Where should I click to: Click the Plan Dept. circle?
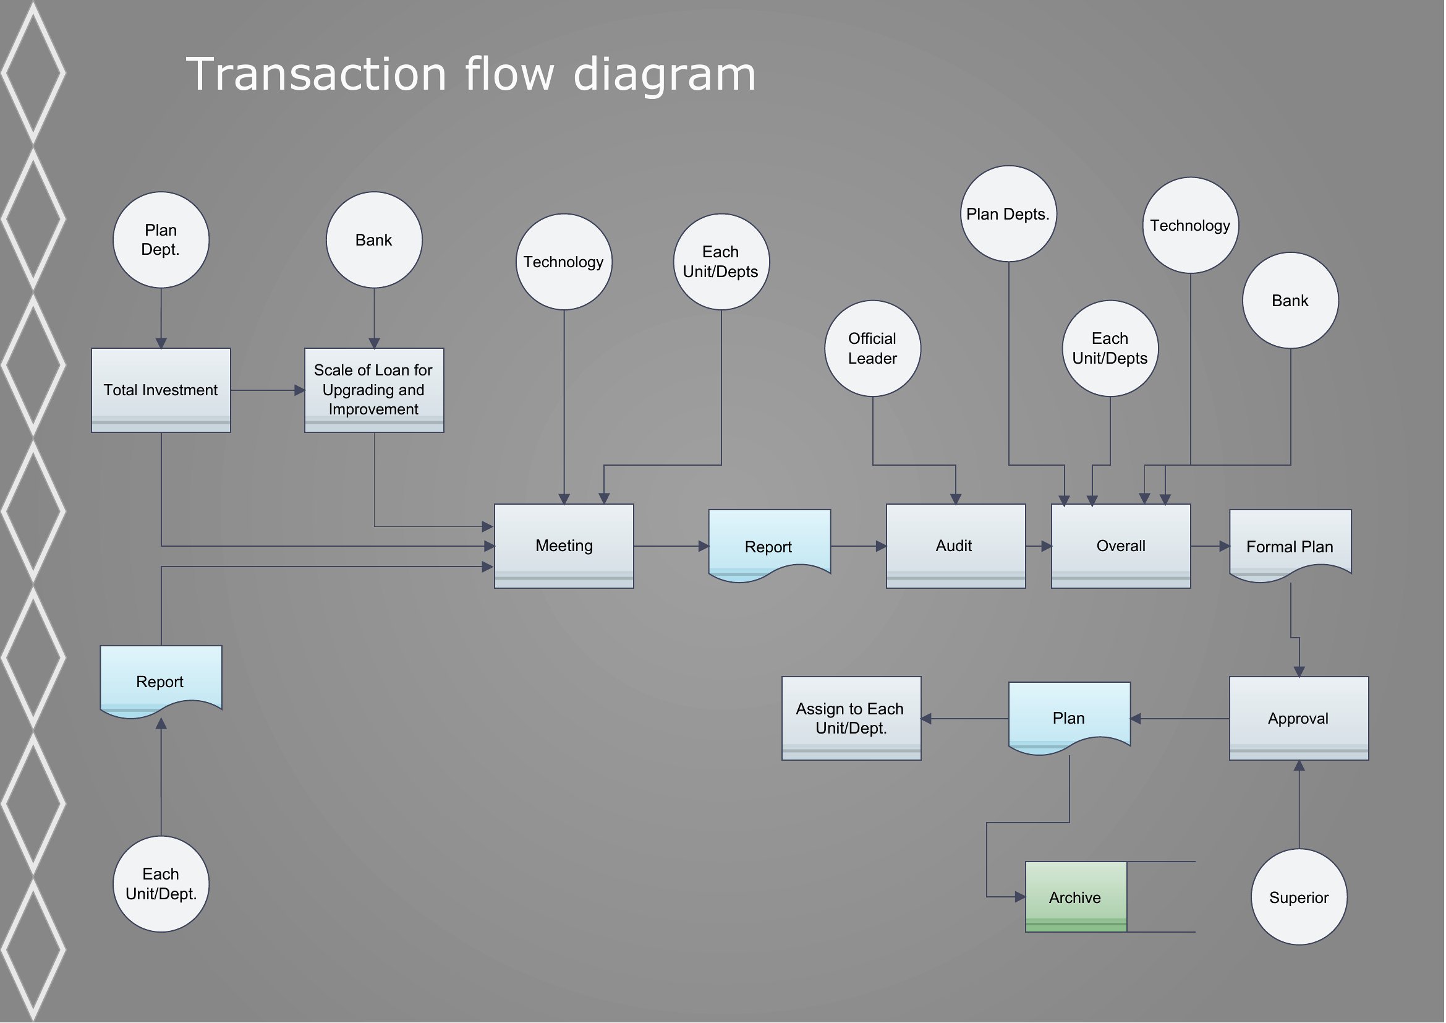161,240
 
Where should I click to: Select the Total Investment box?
161,390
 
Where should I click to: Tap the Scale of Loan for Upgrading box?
375,390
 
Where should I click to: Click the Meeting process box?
564,546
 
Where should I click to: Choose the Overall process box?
1121,546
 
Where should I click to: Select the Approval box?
1300,719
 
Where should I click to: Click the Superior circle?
1300,897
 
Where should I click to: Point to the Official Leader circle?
874,348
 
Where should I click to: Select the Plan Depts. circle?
1010,214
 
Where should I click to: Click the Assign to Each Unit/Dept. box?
852,719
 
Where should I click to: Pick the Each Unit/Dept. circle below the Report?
161,884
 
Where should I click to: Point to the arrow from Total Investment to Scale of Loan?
268,390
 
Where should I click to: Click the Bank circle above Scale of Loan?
375,240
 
